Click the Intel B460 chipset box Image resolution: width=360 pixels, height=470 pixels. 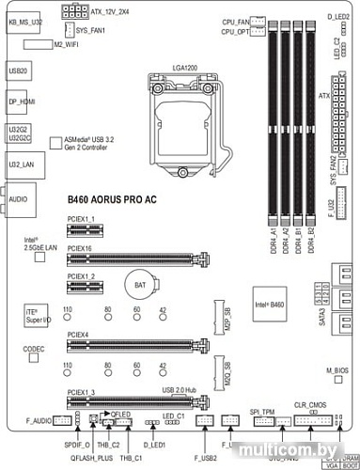tap(269, 304)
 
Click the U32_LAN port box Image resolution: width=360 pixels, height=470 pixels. tap(19, 164)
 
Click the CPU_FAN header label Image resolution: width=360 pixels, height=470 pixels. tap(235, 19)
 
